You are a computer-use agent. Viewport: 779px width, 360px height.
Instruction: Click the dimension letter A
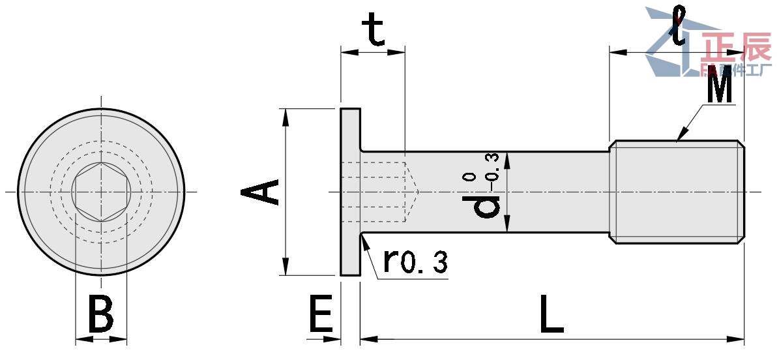[261, 192]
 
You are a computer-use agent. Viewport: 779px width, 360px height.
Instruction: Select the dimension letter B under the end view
[100, 314]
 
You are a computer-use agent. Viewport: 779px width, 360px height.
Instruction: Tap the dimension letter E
[320, 314]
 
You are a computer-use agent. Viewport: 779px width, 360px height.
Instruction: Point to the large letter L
[551, 314]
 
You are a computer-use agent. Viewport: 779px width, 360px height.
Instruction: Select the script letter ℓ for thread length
[680, 26]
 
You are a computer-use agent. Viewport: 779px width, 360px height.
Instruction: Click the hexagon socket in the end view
[101, 192]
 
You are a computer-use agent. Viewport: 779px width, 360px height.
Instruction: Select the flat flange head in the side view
[350, 192]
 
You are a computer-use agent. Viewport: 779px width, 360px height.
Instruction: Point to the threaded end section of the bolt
[678, 192]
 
